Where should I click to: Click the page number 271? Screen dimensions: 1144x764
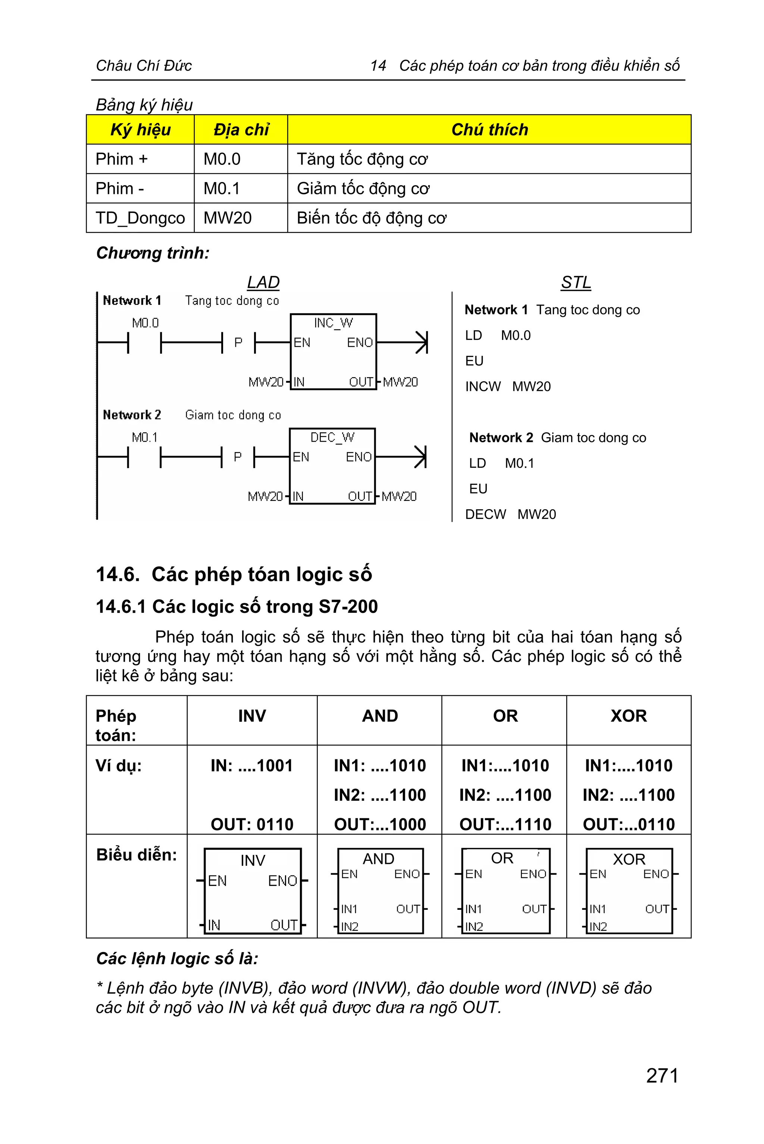point(662,1075)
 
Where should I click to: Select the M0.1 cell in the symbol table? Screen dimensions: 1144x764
point(222,189)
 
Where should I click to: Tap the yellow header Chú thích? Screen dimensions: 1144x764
point(489,129)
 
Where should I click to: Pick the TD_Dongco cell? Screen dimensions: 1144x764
point(140,218)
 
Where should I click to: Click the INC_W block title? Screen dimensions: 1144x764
point(333,323)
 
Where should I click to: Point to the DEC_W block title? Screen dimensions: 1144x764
point(332,438)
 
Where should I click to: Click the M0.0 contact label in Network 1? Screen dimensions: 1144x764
point(145,323)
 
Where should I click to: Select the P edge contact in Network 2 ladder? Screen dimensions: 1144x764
point(238,457)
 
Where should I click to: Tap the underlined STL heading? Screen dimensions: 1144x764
point(576,282)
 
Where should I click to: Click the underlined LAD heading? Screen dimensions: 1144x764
point(263,282)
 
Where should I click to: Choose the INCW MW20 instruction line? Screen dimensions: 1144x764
point(508,386)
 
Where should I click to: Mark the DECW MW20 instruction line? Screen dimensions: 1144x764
point(510,514)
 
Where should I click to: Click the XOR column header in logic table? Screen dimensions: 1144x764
point(629,716)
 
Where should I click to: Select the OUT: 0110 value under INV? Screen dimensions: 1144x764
point(252,824)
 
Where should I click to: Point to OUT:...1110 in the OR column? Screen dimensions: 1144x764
point(505,824)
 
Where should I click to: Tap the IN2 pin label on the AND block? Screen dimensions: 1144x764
point(349,927)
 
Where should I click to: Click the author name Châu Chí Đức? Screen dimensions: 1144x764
point(144,65)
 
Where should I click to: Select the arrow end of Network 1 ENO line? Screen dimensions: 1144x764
point(422,342)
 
